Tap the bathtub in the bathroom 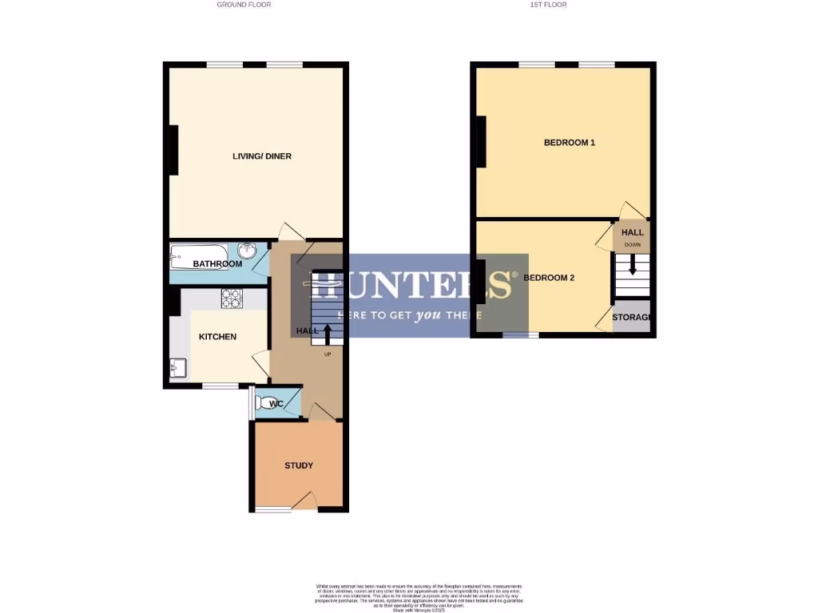pos(199,257)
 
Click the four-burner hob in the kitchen pos(231,298)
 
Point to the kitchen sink pos(178,368)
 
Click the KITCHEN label pos(217,337)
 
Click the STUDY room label pos(299,465)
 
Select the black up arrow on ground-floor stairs pos(327,333)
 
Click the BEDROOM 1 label pos(570,143)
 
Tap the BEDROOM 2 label pos(549,279)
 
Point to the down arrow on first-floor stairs pos(633,265)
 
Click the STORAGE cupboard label pos(632,318)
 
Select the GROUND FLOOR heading pos(244,5)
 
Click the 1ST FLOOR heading pos(549,5)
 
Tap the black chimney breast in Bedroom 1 pos(481,142)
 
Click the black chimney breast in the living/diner pos(173,149)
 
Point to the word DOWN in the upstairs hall pos(633,244)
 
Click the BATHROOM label pos(217,264)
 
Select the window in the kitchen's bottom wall pos(220,386)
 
